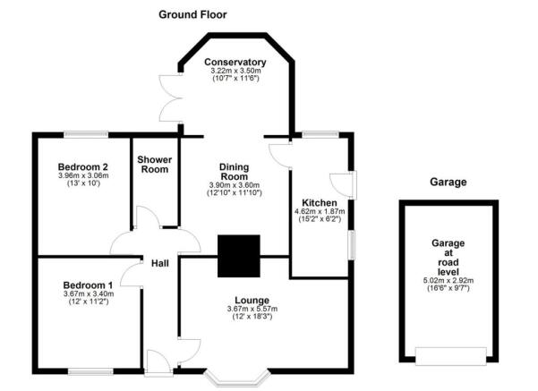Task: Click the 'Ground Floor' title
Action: pos(192,14)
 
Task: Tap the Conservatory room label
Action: pos(235,62)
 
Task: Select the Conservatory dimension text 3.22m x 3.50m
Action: pos(235,71)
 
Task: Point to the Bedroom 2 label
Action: pos(83,166)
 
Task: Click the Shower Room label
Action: pos(154,165)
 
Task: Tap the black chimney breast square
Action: pos(238,255)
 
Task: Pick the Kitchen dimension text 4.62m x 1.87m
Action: pos(319,211)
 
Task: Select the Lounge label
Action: pos(235,299)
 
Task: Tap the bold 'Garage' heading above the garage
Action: pos(448,182)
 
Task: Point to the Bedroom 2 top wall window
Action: pos(85,135)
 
